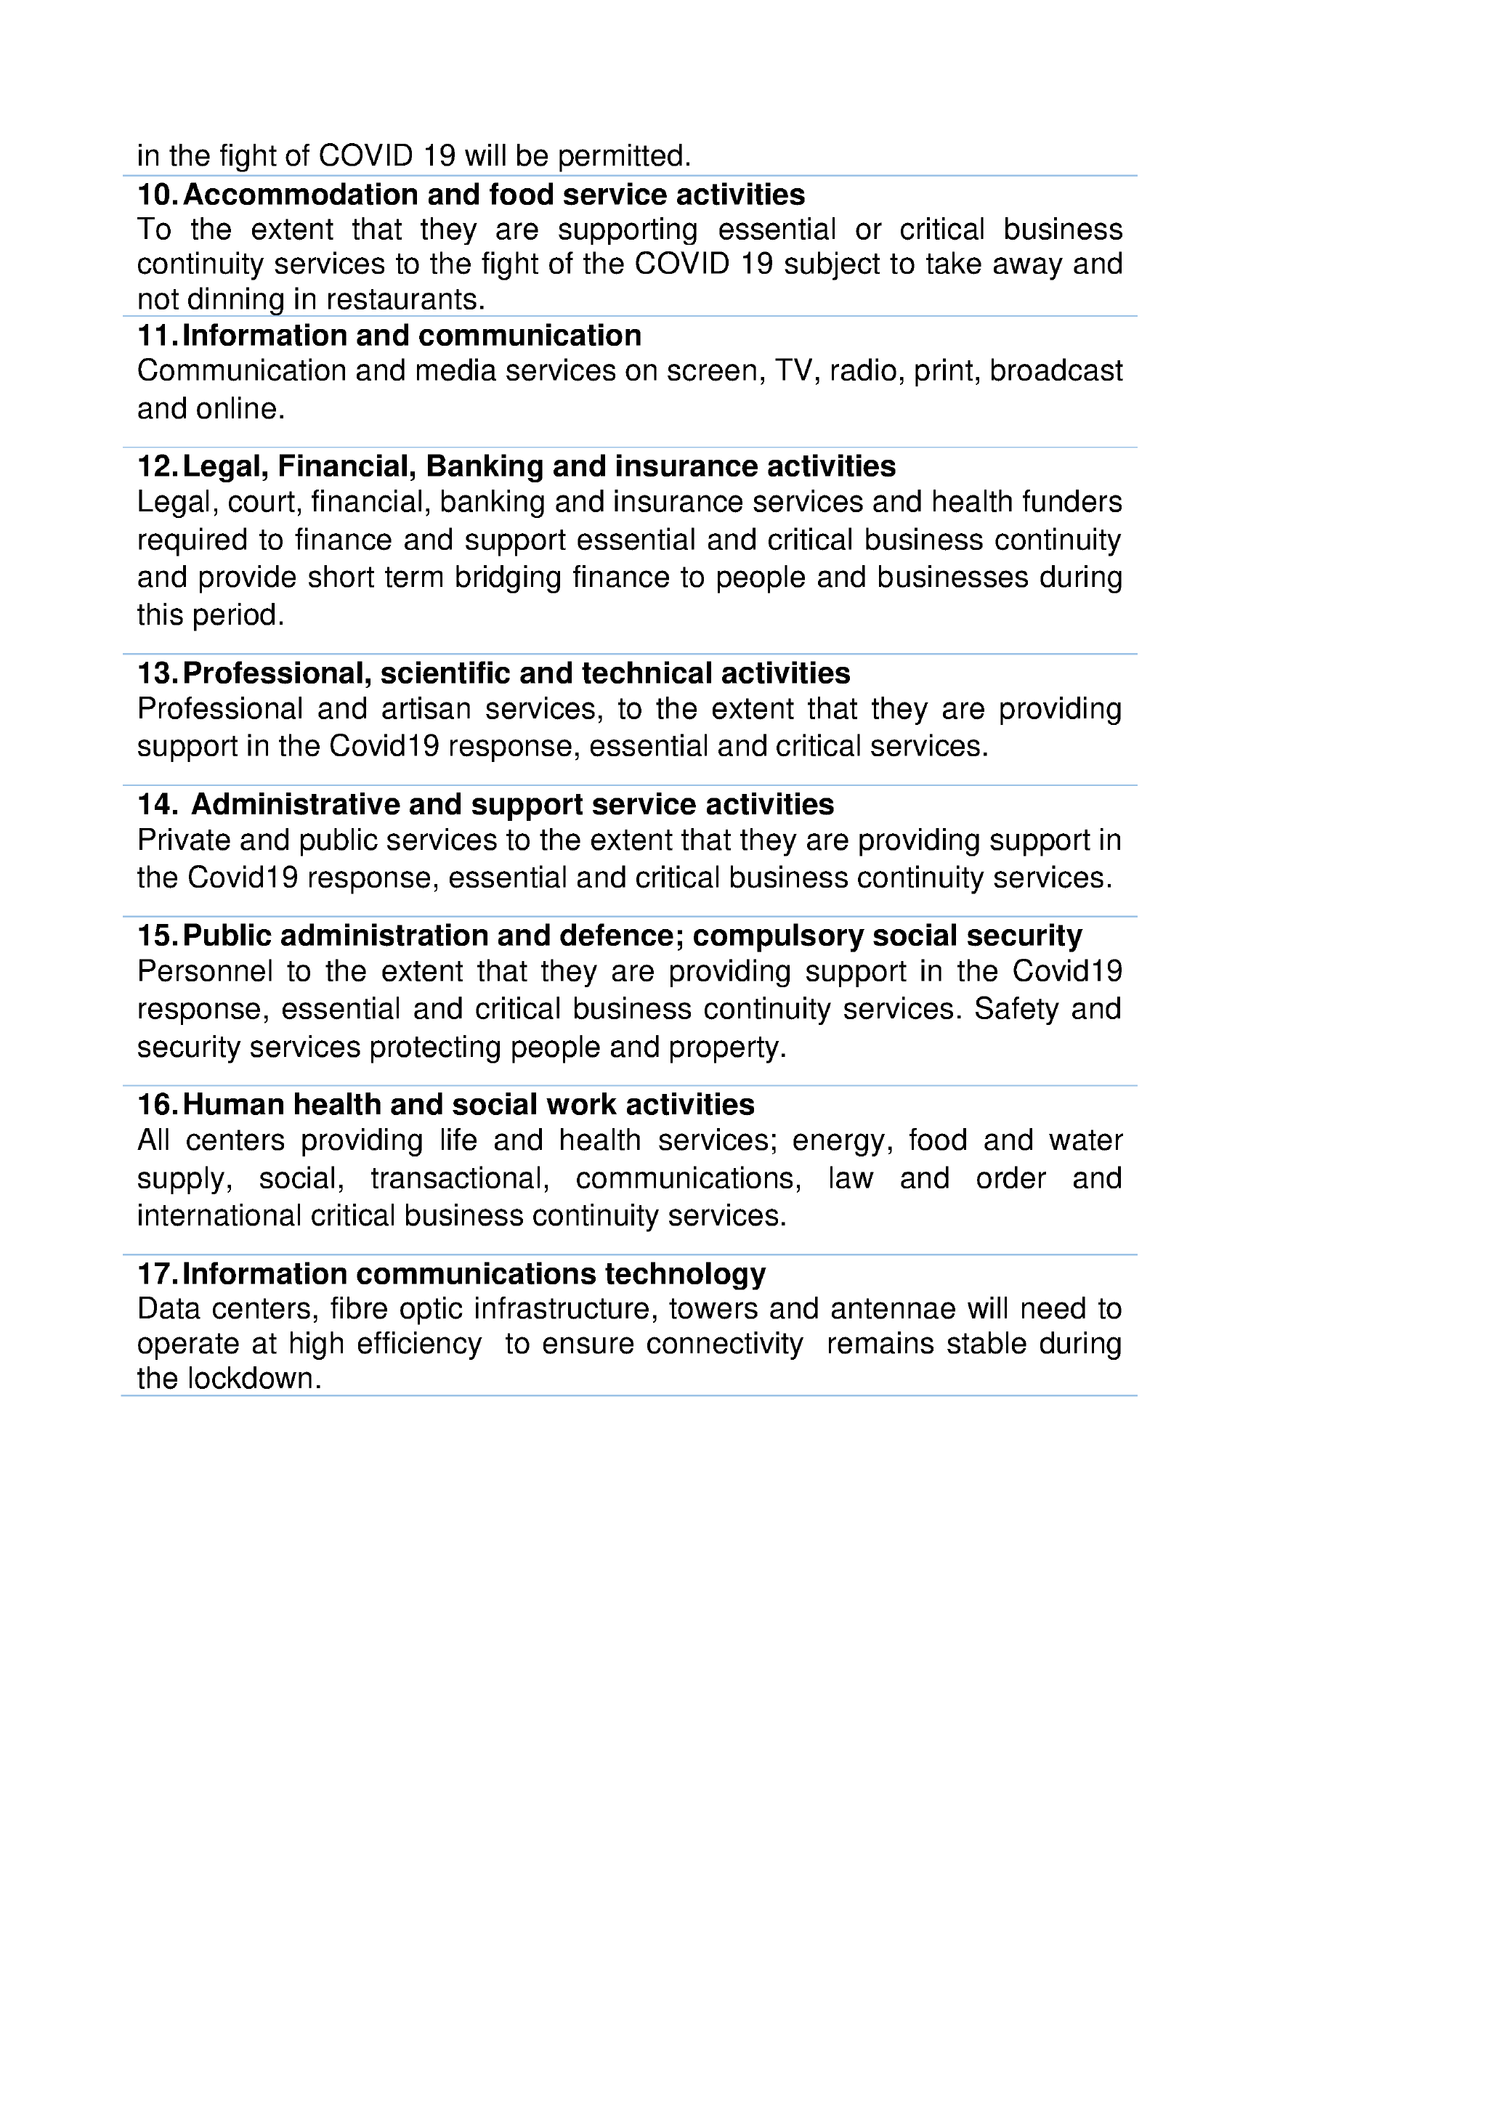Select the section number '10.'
pos(158,195)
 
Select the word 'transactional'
pos(459,1178)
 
